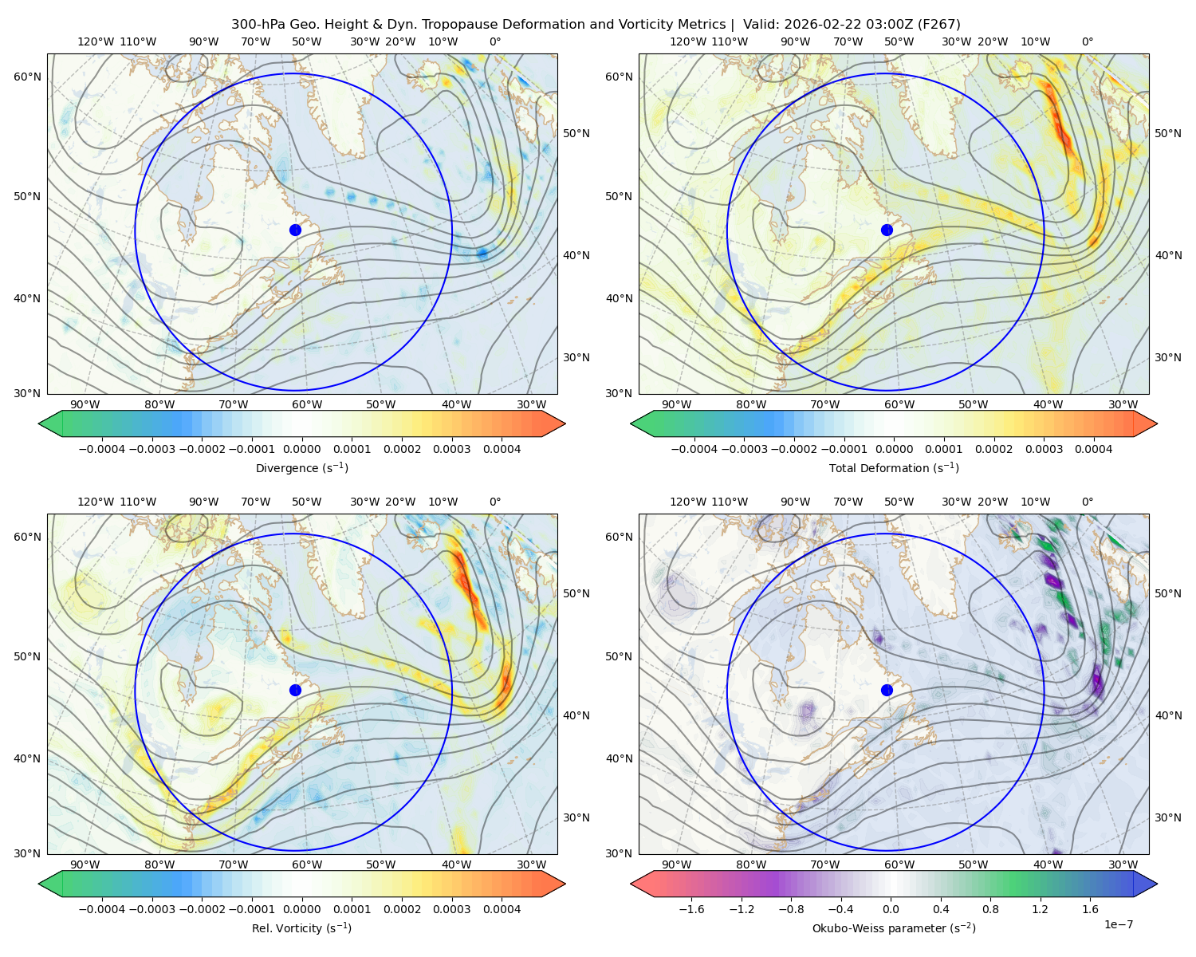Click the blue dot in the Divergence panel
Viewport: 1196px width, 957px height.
[x=295, y=230]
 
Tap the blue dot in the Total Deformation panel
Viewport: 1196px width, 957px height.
[x=887, y=230]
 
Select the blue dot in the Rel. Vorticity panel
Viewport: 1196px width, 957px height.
[x=295, y=690]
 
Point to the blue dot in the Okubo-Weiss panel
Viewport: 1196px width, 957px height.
[x=887, y=690]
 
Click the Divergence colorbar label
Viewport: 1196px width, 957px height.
[x=301, y=468]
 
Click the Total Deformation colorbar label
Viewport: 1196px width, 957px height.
[x=894, y=468]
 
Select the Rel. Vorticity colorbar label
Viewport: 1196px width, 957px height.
[x=301, y=928]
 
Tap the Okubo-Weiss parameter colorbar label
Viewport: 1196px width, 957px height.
[x=894, y=928]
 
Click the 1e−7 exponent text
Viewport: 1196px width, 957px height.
[x=1118, y=925]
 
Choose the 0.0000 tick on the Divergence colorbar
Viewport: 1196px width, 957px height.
[x=301, y=449]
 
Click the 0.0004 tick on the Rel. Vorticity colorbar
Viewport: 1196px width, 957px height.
[x=502, y=909]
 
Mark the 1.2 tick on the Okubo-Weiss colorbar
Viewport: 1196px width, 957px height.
[x=1040, y=909]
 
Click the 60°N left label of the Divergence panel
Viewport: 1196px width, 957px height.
[x=27, y=77]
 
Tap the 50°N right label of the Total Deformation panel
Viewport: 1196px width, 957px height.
[x=1167, y=133]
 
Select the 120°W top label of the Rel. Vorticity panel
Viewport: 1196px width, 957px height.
[x=96, y=502]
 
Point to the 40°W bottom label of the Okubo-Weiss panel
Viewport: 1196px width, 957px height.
[x=1048, y=864]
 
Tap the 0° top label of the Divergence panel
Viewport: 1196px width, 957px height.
[x=495, y=41]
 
